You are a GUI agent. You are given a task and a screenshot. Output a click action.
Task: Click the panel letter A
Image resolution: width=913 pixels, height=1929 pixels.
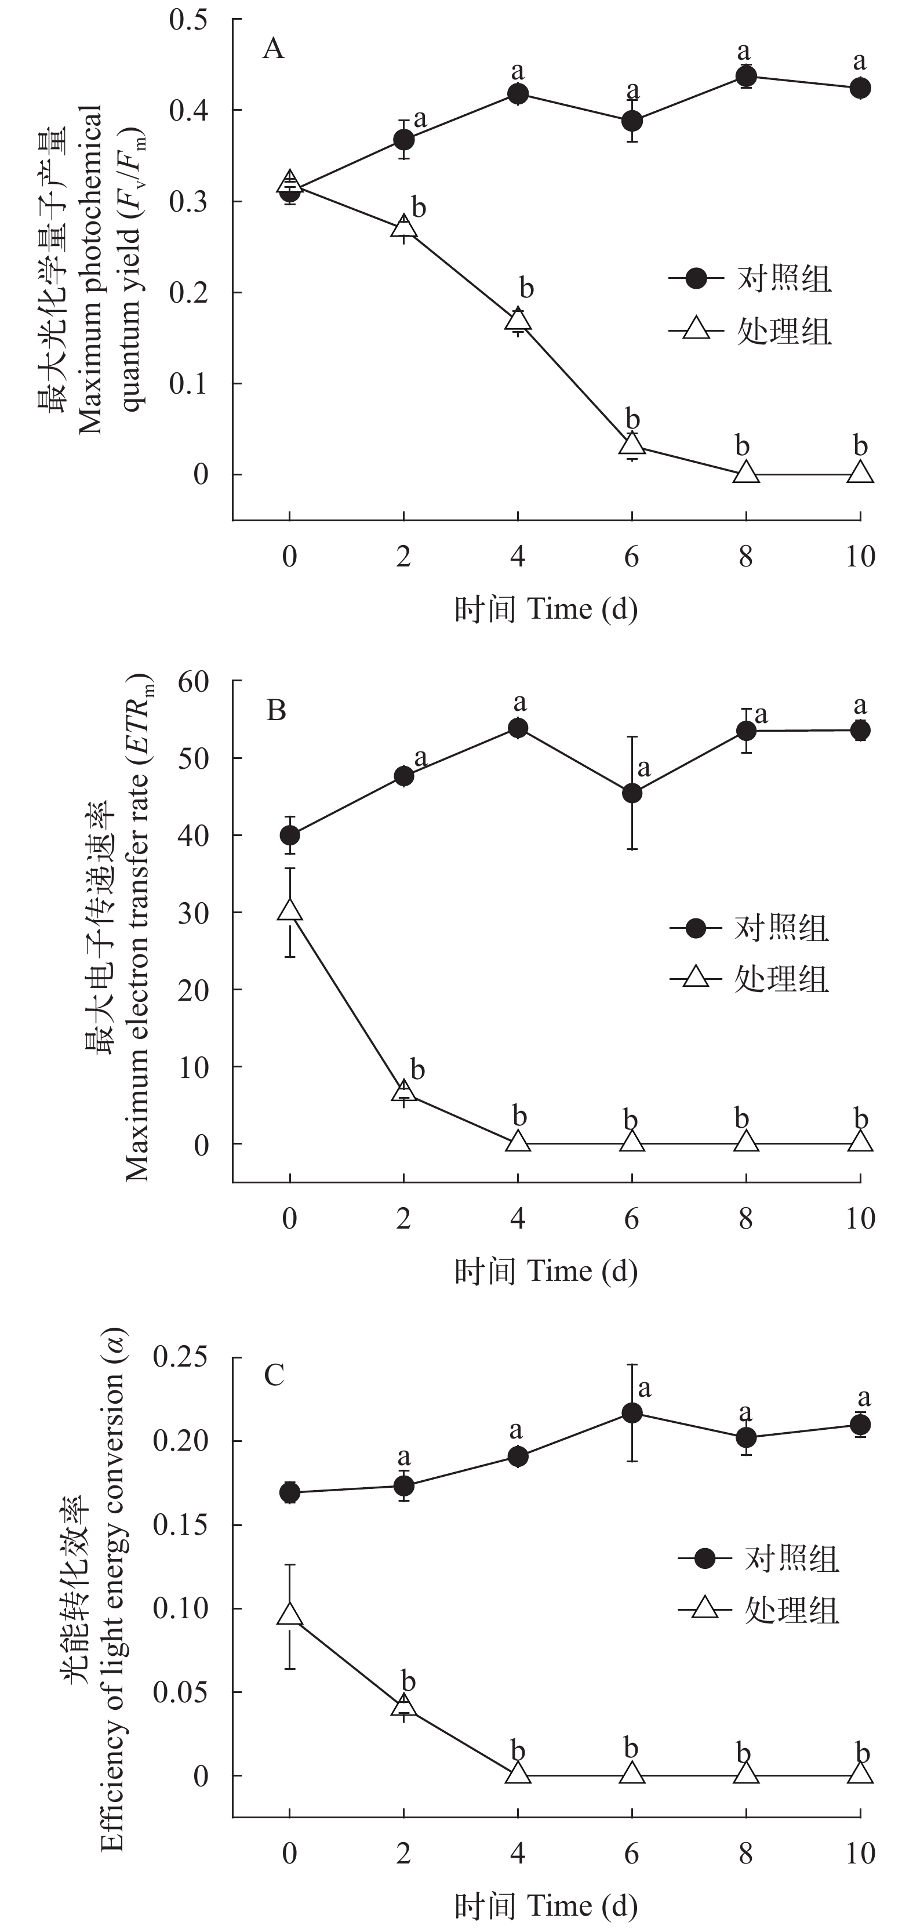(x=274, y=49)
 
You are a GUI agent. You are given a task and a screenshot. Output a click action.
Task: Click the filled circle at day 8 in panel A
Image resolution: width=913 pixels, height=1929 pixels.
(x=745, y=77)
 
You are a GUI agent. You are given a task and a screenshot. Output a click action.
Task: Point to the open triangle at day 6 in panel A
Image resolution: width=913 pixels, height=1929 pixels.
(x=632, y=444)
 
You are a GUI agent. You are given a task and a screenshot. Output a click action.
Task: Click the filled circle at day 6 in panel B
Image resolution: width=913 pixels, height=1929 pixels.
(x=632, y=793)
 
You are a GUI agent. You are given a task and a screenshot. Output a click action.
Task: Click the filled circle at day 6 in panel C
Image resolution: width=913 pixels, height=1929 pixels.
(x=632, y=1413)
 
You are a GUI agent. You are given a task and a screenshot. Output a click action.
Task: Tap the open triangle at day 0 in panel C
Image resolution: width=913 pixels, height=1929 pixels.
(x=290, y=1615)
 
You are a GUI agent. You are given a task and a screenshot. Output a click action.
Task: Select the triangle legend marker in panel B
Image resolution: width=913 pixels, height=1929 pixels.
(x=696, y=978)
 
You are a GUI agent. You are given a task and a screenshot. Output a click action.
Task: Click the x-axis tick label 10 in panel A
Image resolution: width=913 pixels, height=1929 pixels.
(x=860, y=557)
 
